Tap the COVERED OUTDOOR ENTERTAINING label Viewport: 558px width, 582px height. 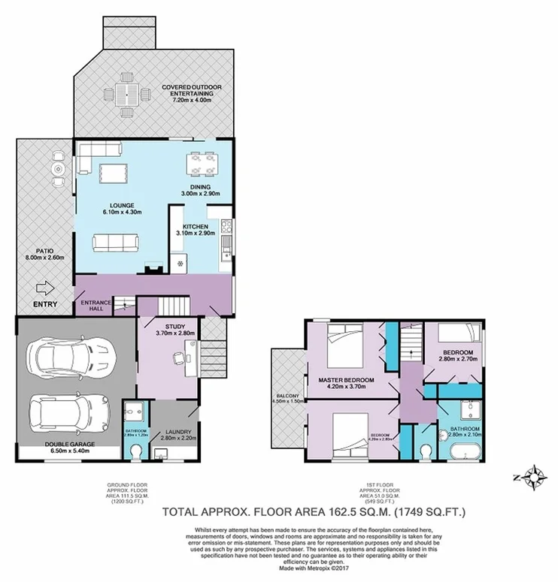pyautogui.click(x=193, y=92)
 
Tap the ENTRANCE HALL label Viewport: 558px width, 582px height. pyautogui.click(x=96, y=304)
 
